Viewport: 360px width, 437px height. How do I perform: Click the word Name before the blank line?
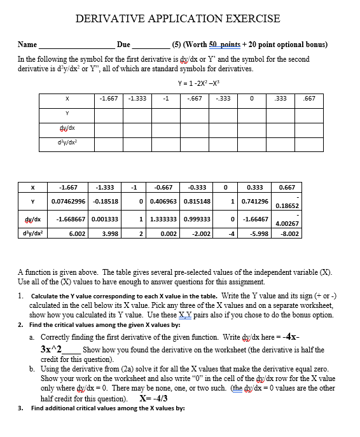[27, 45]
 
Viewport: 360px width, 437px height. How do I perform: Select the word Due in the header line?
[123, 45]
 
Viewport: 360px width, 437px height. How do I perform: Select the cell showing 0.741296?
[254, 202]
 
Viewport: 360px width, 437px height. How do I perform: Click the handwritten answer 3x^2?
[55, 350]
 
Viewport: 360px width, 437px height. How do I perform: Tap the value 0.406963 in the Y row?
[163, 202]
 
